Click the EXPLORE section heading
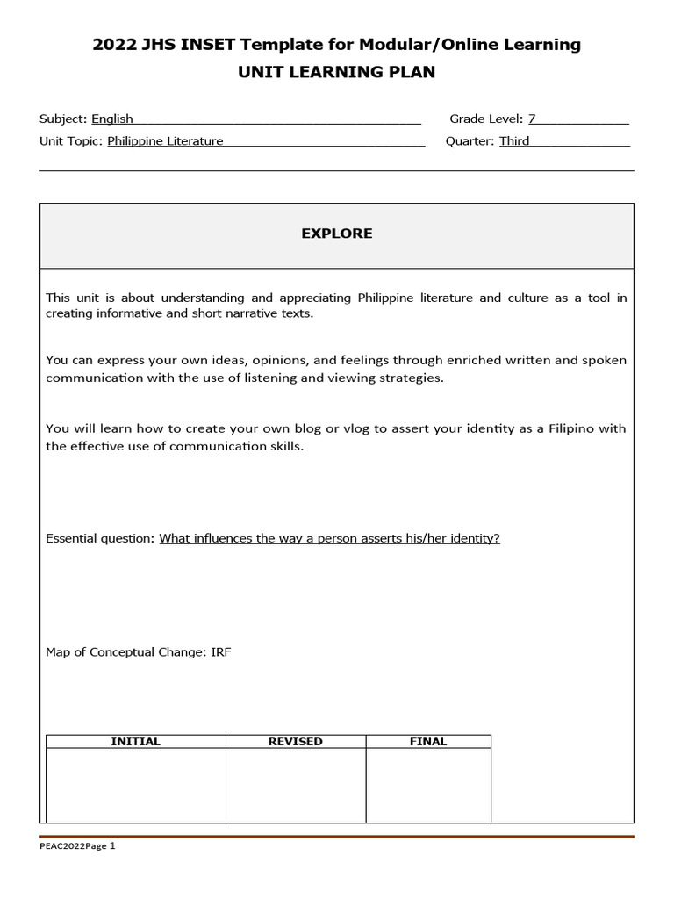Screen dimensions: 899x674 click(337, 234)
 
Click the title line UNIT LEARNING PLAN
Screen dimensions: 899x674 click(337, 72)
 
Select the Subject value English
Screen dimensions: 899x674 click(112, 119)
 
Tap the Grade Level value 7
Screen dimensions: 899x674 click(532, 119)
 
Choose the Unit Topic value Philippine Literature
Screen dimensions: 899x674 click(165, 140)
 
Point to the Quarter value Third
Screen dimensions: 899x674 click(514, 140)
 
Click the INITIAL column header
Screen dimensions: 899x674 click(135, 742)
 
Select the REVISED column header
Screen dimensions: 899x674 click(295, 742)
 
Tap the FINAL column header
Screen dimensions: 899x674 click(428, 742)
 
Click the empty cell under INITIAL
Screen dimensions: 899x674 click(135, 785)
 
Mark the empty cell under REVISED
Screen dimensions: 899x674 click(295, 785)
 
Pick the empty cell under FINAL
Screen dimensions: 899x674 click(428, 785)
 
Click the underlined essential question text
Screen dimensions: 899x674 click(329, 538)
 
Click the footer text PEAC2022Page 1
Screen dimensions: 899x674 click(77, 846)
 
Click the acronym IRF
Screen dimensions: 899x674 click(221, 652)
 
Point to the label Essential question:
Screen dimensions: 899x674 click(100, 538)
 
